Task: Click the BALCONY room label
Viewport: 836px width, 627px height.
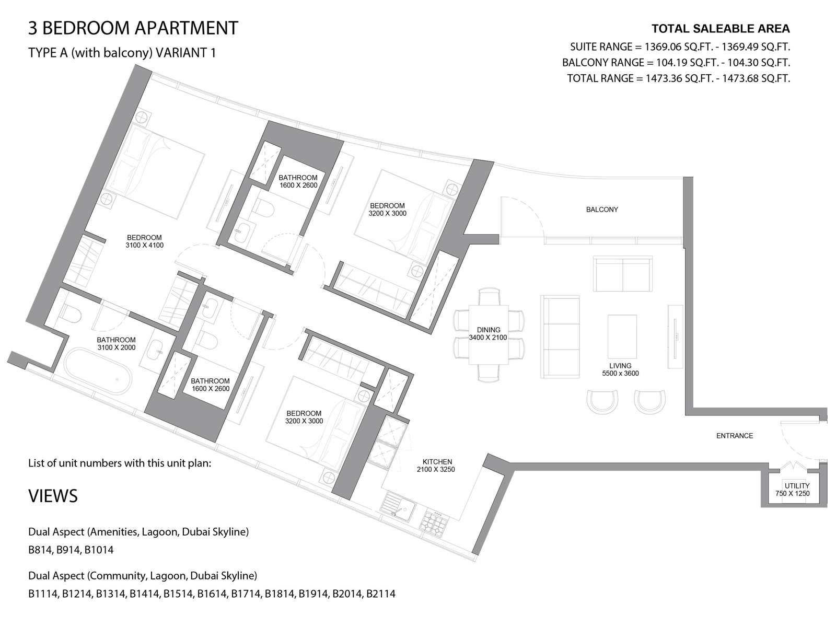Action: (x=602, y=210)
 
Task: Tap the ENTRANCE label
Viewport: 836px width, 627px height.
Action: (x=735, y=436)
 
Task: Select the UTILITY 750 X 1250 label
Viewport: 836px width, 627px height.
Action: (x=797, y=490)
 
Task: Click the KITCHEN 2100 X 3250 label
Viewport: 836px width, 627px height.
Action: (x=436, y=466)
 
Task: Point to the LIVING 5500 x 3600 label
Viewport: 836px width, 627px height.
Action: (x=620, y=369)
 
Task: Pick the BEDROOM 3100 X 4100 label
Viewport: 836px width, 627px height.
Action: (x=144, y=241)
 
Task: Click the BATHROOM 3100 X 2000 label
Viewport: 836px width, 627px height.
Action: (x=116, y=343)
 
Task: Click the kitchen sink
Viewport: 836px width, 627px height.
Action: (x=397, y=507)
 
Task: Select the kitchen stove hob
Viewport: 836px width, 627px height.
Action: (x=434, y=524)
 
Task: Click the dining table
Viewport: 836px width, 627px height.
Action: (x=488, y=334)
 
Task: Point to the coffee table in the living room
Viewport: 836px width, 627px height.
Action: (x=622, y=336)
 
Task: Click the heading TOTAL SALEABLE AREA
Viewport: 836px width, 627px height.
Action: (x=721, y=29)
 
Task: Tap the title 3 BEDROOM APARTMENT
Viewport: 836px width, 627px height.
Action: (x=133, y=28)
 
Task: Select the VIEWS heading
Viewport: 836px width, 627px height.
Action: (x=53, y=496)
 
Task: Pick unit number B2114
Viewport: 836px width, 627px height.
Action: (x=380, y=594)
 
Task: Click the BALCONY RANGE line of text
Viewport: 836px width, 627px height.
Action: (x=676, y=62)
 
